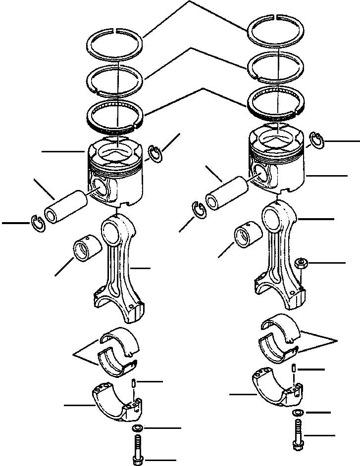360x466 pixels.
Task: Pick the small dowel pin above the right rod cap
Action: point(296,369)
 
